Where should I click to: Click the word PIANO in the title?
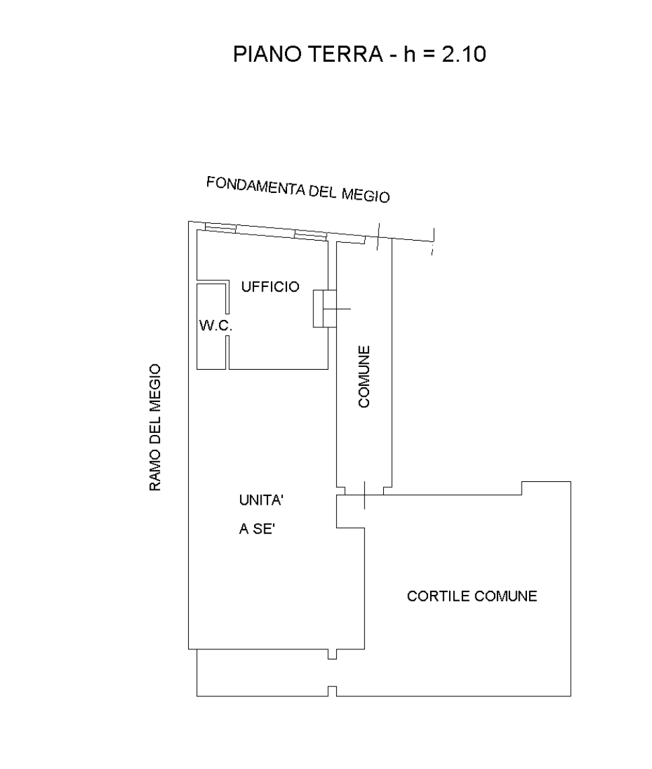tap(266, 54)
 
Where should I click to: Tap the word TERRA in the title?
tap(345, 54)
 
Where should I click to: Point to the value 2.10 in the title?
tap(464, 54)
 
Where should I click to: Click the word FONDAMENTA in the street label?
tap(255, 186)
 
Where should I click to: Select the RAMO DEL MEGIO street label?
tap(155, 427)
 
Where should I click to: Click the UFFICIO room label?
tap(270, 287)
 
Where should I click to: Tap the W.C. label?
tap(216, 325)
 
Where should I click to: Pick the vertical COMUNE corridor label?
tap(364, 376)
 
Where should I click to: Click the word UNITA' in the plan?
tap(261, 500)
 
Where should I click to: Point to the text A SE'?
tap(256, 528)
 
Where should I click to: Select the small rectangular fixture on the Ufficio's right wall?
tap(325, 309)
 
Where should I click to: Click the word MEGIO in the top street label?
tap(366, 195)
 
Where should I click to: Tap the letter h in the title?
tap(409, 54)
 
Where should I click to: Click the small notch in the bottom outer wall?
tap(332, 692)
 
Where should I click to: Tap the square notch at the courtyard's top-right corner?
tap(546, 489)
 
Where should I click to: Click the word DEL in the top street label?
tap(323, 192)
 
